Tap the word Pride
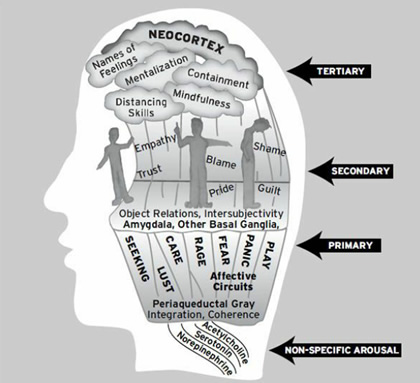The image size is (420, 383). [x=223, y=189]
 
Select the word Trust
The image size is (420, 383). [x=147, y=177]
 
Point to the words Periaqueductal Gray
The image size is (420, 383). [x=201, y=302]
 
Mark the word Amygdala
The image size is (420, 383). [x=149, y=229]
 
